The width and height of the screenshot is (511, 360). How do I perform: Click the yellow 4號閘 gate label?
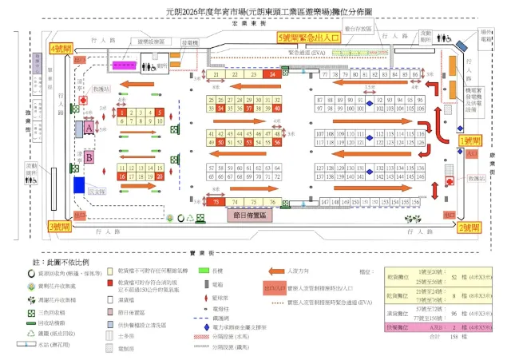(61, 49)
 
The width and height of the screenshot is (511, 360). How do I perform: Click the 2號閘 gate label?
(469, 227)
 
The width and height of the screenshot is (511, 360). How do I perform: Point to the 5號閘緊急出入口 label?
(311, 38)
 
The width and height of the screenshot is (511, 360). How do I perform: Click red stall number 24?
(274, 74)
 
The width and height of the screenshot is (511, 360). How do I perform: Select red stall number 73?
(217, 203)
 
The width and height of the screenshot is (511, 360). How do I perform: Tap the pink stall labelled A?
(89, 127)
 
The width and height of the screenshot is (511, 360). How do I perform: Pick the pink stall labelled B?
(89, 158)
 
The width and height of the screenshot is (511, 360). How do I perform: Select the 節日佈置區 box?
(250, 216)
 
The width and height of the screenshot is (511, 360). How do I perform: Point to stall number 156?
(415, 203)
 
